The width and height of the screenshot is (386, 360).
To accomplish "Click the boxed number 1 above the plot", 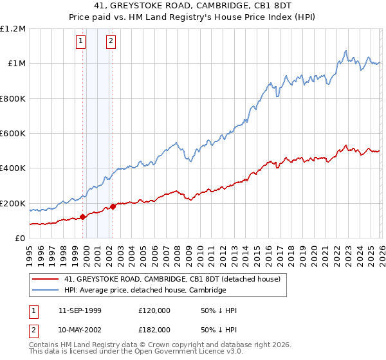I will pos(81,42).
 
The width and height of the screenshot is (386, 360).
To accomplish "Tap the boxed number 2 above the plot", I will pos(111,42).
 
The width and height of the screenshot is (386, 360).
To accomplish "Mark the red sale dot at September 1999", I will pos(83,217).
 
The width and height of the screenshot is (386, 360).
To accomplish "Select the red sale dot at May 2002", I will pos(113,206).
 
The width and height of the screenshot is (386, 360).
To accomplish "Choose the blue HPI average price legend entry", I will pos(145,291).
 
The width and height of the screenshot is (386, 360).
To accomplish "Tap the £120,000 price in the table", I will pos(154,310).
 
